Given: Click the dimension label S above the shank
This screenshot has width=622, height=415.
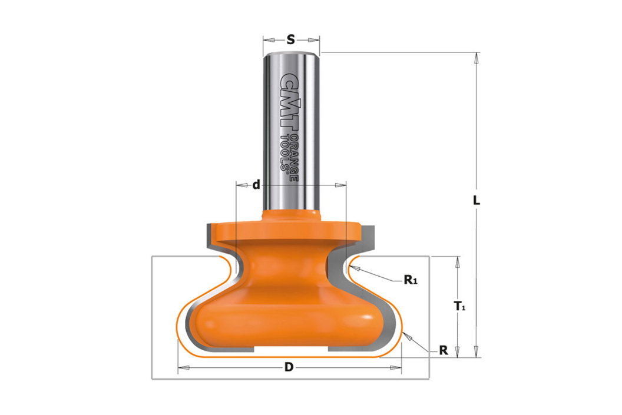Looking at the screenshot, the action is (x=291, y=39).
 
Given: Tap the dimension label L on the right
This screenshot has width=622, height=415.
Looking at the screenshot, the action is (x=477, y=200).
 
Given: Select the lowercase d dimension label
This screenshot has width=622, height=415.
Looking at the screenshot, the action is (x=256, y=184).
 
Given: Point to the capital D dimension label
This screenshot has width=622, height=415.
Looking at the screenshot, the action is (x=289, y=367).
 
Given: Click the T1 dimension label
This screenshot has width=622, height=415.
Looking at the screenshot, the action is (x=459, y=306).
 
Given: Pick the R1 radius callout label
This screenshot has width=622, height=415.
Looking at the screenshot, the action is (x=411, y=280).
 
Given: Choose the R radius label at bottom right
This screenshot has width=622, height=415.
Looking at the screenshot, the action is (x=443, y=350).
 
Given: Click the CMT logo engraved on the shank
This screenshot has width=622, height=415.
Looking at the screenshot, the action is (x=289, y=101).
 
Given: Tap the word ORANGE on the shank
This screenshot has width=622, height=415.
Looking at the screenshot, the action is (x=294, y=157).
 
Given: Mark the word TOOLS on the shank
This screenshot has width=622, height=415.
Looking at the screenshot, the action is (x=285, y=152).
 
